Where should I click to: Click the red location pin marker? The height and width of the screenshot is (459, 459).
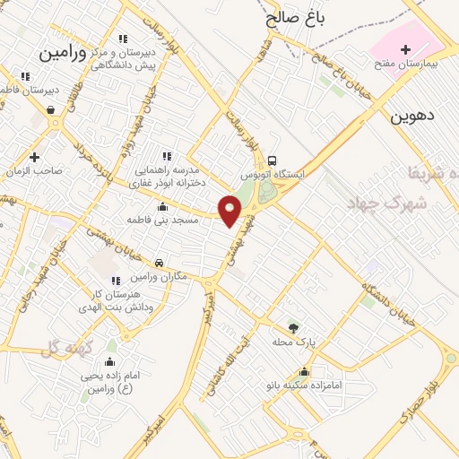(231, 211)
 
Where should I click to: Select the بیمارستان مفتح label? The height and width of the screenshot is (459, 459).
(404, 65)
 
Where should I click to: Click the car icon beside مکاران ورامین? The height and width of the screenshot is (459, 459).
(159, 264)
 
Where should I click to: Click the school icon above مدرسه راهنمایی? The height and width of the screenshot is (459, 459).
(163, 156)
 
